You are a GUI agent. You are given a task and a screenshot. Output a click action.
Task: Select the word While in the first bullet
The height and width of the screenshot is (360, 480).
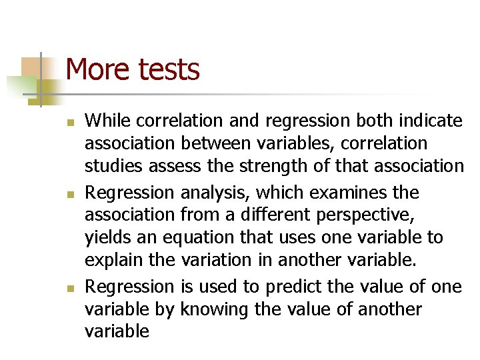(x=107, y=121)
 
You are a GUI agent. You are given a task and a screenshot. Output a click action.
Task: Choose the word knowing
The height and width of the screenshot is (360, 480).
(x=213, y=309)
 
